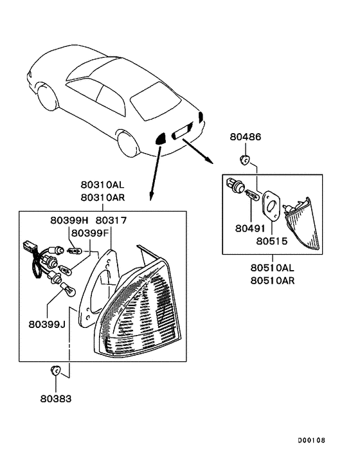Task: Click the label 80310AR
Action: tap(103, 197)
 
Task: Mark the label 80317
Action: tap(111, 221)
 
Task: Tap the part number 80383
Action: tap(56, 399)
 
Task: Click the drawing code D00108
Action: tap(312, 440)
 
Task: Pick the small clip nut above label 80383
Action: tap(55, 370)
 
